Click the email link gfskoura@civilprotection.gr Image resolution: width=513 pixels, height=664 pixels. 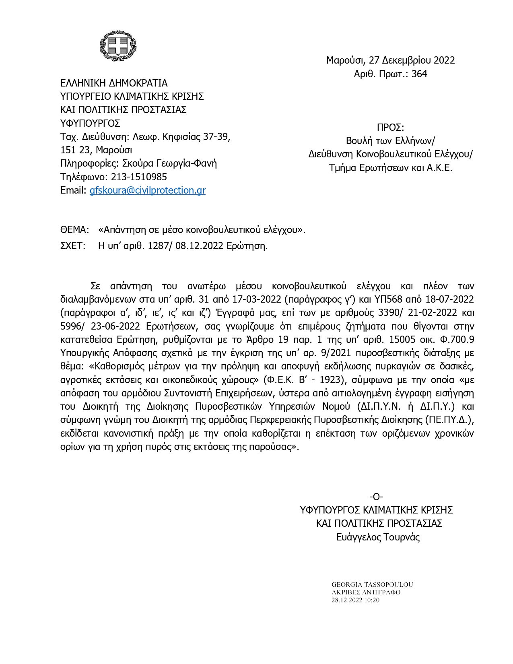click(147, 190)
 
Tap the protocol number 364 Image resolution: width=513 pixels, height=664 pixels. click(419, 74)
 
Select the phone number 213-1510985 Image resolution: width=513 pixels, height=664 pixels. click(139, 177)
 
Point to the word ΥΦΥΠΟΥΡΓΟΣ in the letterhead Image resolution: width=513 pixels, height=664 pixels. click(90, 123)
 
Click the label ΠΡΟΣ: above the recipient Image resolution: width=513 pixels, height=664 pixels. click(390, 128)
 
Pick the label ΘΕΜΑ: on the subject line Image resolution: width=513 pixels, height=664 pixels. click(74, 230)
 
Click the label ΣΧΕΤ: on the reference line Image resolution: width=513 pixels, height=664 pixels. click(73, 246)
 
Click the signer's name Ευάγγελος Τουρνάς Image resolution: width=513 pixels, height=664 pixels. click(378, 537)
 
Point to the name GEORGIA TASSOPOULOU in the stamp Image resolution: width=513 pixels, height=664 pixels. click(372, 584)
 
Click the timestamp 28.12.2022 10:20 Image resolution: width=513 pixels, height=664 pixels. click(355, 600)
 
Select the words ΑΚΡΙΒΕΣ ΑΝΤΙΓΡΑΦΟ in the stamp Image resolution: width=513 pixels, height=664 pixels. click(366, 592)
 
